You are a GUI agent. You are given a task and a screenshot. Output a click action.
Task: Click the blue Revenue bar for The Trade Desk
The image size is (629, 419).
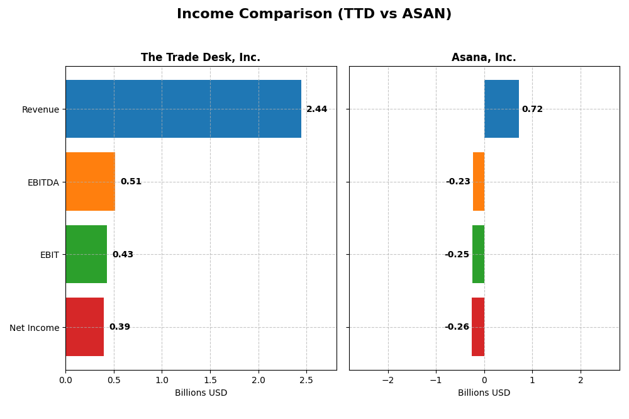point(183,109)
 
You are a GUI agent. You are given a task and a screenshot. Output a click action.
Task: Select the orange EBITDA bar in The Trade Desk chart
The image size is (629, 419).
point(90,182)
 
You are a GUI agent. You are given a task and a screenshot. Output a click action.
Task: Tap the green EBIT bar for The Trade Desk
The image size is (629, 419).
point(86,254)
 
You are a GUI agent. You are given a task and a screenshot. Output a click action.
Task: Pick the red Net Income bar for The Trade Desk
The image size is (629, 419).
point(84,327)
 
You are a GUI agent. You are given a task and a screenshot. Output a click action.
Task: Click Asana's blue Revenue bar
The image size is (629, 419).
point(501,109)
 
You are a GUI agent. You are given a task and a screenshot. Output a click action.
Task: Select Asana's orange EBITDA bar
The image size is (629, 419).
point(479,182)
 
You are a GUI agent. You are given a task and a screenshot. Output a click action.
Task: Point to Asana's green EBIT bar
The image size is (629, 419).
point(478,254)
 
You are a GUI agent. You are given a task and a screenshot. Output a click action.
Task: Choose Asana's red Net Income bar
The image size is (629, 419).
point(478,327)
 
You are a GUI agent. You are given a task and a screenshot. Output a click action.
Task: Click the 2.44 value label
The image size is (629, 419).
point(316,109)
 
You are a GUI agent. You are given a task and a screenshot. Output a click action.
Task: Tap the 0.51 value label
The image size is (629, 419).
point(131,182)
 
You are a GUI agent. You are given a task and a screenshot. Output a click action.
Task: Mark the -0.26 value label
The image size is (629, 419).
point(457,327)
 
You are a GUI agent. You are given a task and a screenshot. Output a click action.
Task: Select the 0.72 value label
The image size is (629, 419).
point(532,109)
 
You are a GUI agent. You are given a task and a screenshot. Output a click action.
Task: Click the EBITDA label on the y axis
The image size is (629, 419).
point(43,182)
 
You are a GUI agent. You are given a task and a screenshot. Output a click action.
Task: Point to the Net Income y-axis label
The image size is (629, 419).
point(35,328)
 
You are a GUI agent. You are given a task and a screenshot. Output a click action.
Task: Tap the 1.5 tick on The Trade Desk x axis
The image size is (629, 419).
point(210,380)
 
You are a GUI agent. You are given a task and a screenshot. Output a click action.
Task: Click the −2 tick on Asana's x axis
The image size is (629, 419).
point(387,380)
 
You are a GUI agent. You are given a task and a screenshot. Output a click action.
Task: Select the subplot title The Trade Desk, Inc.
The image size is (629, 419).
point(201,58)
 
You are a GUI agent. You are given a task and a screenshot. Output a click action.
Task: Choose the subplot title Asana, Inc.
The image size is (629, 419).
point(484,58)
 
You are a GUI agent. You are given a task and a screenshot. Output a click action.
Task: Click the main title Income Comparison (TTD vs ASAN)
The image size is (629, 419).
point(314,14)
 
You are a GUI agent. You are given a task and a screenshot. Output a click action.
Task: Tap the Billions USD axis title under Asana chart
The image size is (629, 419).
point(484,393)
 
